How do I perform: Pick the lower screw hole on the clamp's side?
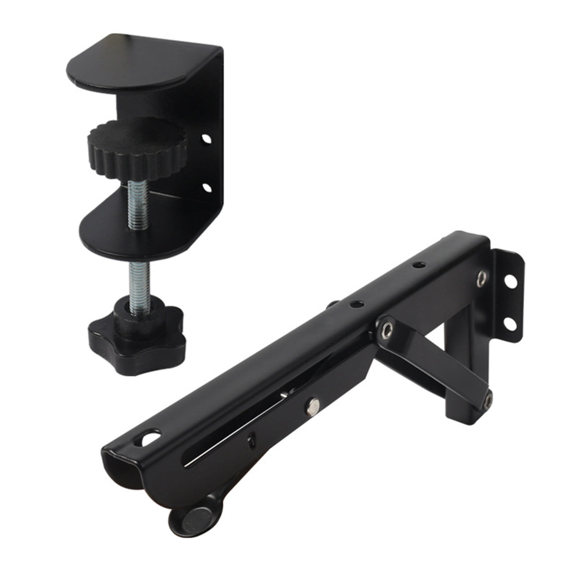[207, 187]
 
